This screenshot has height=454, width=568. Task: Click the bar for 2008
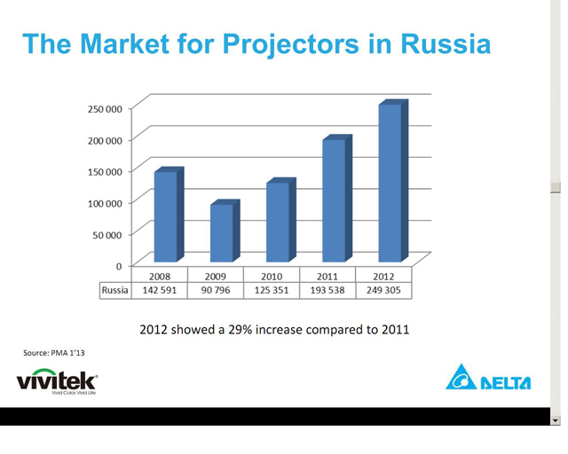170,215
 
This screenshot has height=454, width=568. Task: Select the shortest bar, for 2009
225,231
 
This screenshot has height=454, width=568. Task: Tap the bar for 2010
281,220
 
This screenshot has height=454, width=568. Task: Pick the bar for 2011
337,199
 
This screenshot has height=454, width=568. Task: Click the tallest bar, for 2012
393,181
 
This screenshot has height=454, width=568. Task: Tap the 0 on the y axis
119,267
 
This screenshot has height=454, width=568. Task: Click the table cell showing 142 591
160,290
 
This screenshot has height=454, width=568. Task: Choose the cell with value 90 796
216,290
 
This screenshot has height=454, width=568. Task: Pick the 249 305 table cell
383,290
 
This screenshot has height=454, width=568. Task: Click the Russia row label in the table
115,290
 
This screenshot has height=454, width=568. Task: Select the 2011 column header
327,277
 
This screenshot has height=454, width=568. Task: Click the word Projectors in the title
291,44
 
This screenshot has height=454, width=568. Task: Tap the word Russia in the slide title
446,43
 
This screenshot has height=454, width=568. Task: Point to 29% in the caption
240,330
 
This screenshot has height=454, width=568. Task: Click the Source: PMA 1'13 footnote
54,353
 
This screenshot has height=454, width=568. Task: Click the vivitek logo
57,381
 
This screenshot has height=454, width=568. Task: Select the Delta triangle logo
461,378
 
